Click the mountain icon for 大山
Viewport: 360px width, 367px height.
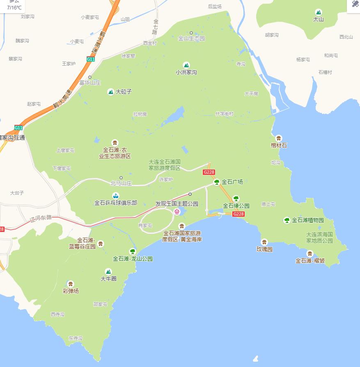[x=318, y=12]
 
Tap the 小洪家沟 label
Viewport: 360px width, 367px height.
[x=186, y=72]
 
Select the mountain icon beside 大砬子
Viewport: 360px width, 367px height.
[x=110, y=92]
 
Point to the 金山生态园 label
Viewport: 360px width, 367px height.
[x=191, y=39]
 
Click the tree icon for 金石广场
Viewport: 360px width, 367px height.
[x=217, y=182]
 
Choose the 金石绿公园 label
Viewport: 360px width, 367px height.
[x=236, y=206]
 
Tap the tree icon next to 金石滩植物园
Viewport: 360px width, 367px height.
[x=287, y=220]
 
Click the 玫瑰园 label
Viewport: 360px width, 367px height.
[x=264, y=249]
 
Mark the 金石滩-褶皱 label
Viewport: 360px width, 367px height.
[x=310, y=261]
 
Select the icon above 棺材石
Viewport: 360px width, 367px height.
[x=279, y=138]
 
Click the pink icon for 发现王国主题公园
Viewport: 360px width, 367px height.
[x=177, y=212]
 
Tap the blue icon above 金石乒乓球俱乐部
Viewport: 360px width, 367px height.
[x=116, y=195]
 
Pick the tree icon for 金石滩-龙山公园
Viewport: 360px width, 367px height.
[x=132, y=251]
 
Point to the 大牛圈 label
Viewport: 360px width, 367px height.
[x=108, y=279]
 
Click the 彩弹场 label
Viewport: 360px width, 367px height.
[x=71, y=291]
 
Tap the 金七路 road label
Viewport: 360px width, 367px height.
[x=156, y=26]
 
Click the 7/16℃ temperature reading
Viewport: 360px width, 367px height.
[x=14, y=7]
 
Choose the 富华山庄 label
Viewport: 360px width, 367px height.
[x=90, y=83]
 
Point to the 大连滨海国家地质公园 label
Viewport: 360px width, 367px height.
[x=319, y=238]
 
